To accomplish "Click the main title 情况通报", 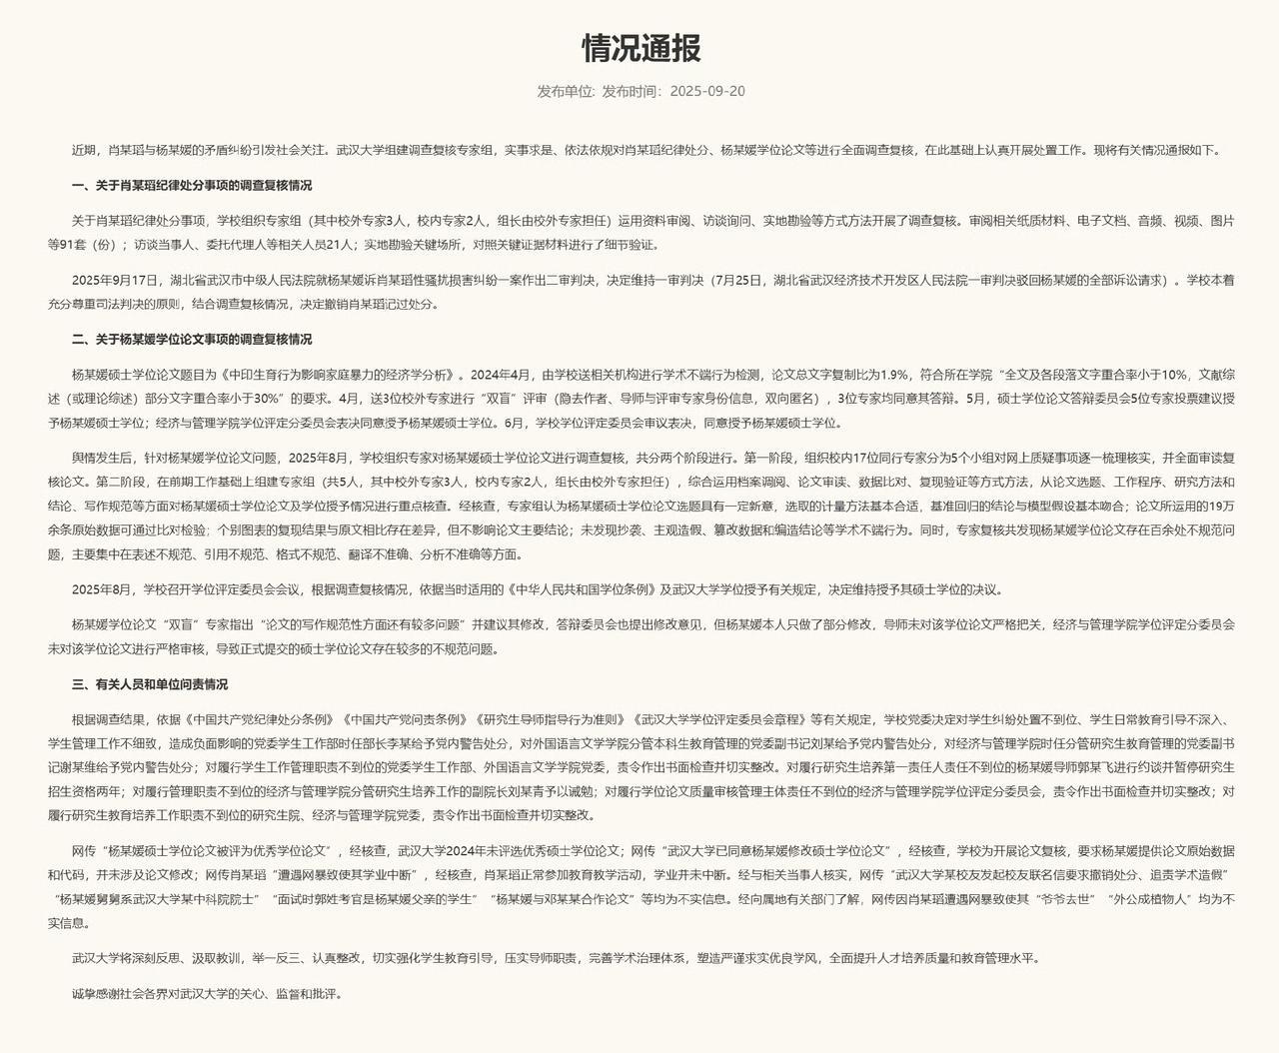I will (640, 47).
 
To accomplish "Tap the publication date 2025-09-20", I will (707, 91).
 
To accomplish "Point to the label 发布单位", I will (565, 91).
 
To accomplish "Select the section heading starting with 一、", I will (192, 185).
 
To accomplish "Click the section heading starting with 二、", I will (192, 340).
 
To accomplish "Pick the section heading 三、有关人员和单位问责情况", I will (150, 684).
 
